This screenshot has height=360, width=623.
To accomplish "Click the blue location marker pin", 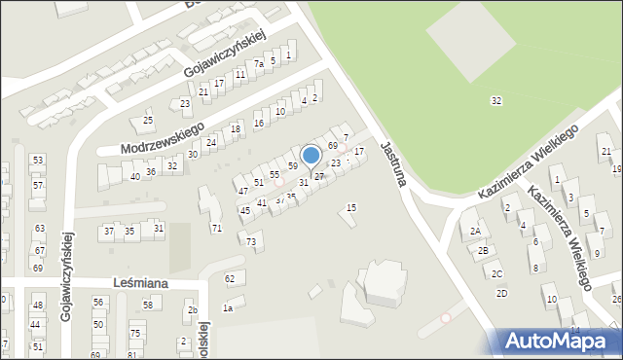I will tap(311, 156).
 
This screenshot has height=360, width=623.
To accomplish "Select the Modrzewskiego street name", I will tap(162, 138).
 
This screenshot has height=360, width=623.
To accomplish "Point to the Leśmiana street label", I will tap(139, 283).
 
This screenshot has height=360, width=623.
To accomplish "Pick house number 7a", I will tap(259, 64).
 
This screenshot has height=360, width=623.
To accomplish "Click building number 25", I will tap(148, 121).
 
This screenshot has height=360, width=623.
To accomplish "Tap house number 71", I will tap(217, 228).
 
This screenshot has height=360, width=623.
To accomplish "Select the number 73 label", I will tap(252, 241).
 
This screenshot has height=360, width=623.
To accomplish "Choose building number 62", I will tap(231, 279).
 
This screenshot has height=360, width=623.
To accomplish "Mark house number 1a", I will tap(228, 308).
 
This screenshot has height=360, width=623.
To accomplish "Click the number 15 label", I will tap(351, 208).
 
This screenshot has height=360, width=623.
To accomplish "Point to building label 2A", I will tap(475, 232).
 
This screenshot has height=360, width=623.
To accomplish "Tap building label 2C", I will tap(496, 274).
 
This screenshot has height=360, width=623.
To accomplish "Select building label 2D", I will tap(501, 293).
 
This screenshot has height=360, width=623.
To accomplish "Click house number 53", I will tap(38, 160).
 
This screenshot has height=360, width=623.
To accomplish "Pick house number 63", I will tap(40, 229).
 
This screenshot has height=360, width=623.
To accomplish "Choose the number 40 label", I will tap(135, 176).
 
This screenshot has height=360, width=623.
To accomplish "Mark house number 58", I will tap(148, 306).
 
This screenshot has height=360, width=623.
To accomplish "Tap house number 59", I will tap(292, 166).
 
